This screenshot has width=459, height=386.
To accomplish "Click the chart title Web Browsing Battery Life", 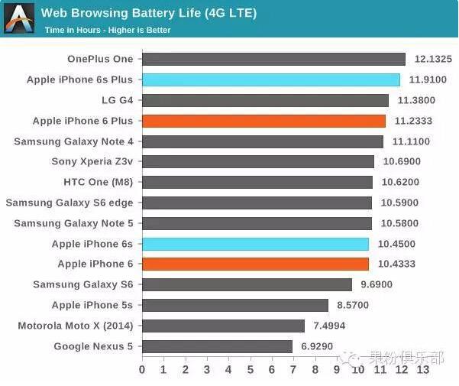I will point(149,13).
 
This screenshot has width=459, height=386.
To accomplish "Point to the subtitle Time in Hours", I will point(108,30).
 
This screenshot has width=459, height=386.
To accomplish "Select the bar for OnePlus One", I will point(273,59).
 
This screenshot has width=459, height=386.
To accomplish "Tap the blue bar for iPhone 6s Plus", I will point(271,79).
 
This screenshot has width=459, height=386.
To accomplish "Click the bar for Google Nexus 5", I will point(217,346).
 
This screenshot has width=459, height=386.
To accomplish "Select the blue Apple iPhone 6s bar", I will point(255,244).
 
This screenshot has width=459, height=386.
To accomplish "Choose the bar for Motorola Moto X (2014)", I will point(223,326).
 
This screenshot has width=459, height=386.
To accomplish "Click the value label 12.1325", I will point(433,59).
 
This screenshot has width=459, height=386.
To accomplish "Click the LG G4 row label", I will point(117,100).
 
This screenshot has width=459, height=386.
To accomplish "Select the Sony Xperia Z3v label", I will point(92,161).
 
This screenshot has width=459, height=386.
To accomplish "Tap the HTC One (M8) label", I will point(98,182).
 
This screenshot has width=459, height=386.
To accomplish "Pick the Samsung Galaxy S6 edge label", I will point(69,203).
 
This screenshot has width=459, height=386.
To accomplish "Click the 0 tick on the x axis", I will point(142,370).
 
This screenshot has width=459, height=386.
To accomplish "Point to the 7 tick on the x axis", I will point(293,370).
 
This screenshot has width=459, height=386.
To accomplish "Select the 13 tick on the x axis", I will point(422,370).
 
